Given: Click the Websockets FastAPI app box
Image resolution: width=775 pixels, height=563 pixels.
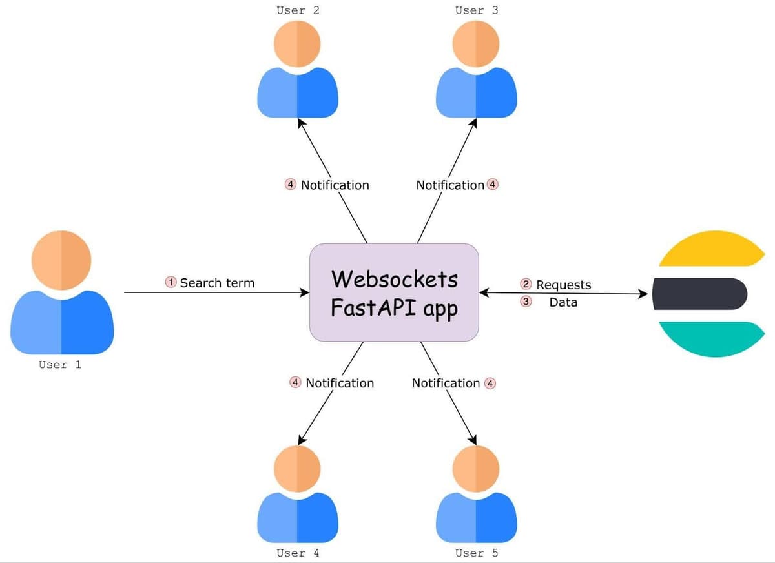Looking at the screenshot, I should click(394, 292).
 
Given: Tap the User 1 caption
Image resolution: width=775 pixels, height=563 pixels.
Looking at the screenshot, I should click(60, 365).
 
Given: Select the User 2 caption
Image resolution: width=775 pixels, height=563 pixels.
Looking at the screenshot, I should click(298, 10).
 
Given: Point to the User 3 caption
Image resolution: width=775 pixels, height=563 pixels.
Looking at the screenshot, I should click(477, 10).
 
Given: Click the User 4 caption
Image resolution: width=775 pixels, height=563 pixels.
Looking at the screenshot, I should click(298, 553).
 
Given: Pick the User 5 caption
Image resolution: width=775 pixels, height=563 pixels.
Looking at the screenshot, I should click(477, 553).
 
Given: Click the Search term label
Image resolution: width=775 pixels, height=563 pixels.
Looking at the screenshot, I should click(217, 283).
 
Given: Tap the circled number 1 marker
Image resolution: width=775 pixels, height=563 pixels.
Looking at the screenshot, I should click(171, 282).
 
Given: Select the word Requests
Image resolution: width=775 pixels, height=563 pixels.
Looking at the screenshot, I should click(563, 285).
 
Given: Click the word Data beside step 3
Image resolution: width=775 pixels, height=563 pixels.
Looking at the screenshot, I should click(563, 302).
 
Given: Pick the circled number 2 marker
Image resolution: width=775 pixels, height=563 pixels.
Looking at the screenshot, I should click(526, 284).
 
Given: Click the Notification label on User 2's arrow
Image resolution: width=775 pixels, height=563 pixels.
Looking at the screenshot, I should click(335, 185).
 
